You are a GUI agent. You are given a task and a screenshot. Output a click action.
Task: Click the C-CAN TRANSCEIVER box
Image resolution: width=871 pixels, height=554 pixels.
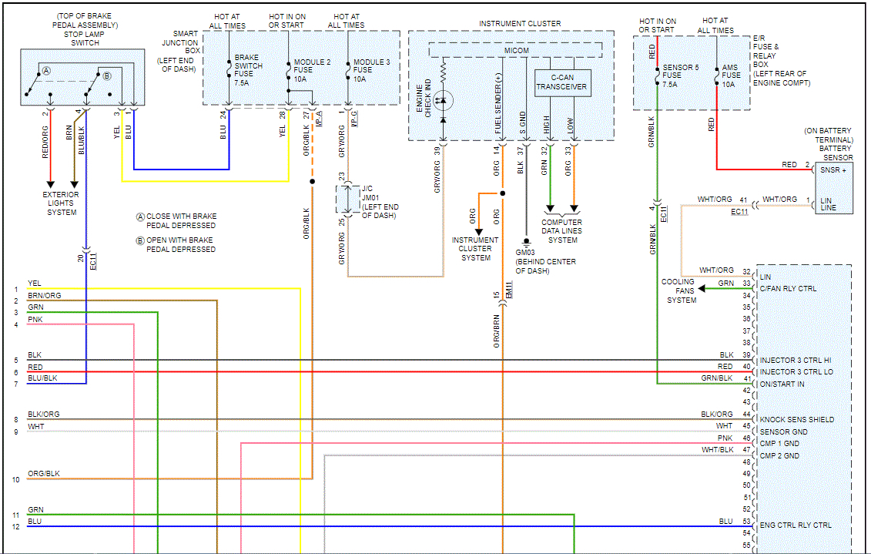[561, 82]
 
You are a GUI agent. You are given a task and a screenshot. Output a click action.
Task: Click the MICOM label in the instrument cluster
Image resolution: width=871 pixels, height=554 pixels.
[517, 51]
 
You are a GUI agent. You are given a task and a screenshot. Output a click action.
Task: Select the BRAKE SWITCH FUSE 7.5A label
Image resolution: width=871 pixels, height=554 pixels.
[248, 70]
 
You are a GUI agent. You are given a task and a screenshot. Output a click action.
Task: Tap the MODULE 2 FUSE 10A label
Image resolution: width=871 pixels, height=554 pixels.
[312, 71]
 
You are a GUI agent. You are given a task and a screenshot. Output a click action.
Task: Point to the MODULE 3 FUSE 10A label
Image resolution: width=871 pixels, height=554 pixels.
[371, 71]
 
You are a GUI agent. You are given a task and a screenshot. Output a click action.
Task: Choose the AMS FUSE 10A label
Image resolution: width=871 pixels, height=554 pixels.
[731, 76]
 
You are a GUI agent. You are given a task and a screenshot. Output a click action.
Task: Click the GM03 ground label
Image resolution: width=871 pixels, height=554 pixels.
[525, 252]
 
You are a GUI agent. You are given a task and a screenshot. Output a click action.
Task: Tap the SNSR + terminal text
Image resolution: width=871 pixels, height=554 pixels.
[833, 170]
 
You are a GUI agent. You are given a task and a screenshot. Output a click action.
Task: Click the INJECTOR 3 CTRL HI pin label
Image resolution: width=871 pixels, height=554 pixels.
[796, 360]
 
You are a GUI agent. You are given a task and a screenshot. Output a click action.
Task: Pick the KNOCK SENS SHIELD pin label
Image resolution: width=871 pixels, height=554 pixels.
[797, 419]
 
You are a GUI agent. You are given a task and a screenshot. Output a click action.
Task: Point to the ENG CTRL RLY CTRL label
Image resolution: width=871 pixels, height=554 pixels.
[796, 525]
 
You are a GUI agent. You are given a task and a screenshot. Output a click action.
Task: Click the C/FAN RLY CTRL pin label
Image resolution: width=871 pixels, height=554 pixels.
[789, 288]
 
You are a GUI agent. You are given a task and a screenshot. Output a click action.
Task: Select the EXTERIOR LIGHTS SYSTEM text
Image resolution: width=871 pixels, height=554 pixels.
[61, 203]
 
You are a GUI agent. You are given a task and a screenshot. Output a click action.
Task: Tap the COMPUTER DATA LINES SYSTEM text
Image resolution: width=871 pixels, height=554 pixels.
[562, 231]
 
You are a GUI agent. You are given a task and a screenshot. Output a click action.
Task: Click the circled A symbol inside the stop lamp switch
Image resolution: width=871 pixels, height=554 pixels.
[47, 71]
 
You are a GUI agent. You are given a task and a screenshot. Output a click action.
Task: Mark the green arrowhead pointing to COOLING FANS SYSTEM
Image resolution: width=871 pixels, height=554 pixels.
[702, 288]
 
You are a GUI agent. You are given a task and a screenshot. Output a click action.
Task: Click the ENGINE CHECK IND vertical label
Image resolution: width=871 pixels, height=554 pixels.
[424, 98]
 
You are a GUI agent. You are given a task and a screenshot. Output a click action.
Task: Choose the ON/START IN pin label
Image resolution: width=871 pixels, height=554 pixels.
[782, 384]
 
